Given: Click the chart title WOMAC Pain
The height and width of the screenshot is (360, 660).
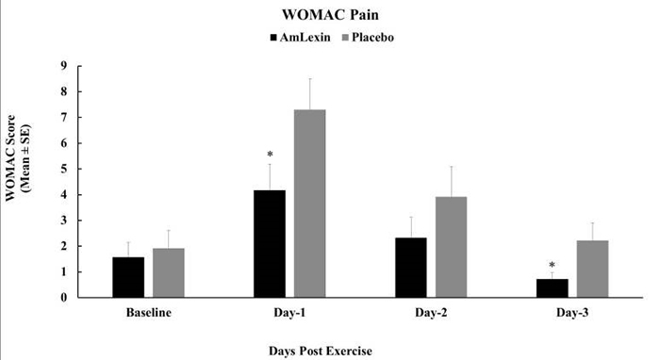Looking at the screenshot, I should pos(330,16).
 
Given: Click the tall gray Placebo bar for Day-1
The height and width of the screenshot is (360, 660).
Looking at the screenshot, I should pos(310,204).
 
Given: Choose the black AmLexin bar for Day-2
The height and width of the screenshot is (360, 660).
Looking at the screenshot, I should pos(411,268).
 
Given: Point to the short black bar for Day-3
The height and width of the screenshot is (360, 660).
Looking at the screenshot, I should pos(553,288).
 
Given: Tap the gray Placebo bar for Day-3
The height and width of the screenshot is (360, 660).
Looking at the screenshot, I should pos(592,269).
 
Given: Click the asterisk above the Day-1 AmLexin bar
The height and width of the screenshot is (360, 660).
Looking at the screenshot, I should pos(270,153).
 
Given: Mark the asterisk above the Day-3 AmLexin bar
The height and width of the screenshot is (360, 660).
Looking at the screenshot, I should pos(553,266).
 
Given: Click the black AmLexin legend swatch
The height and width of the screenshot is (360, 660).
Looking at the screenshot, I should pos(274,38).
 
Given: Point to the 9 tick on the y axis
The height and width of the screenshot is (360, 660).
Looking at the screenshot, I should pos(64,66).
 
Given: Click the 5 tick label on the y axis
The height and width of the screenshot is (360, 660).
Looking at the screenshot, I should pos(64,170).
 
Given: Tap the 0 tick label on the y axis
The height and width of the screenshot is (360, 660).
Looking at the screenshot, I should pos(64,298).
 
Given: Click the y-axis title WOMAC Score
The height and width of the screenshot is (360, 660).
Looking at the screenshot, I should pos(20,178).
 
